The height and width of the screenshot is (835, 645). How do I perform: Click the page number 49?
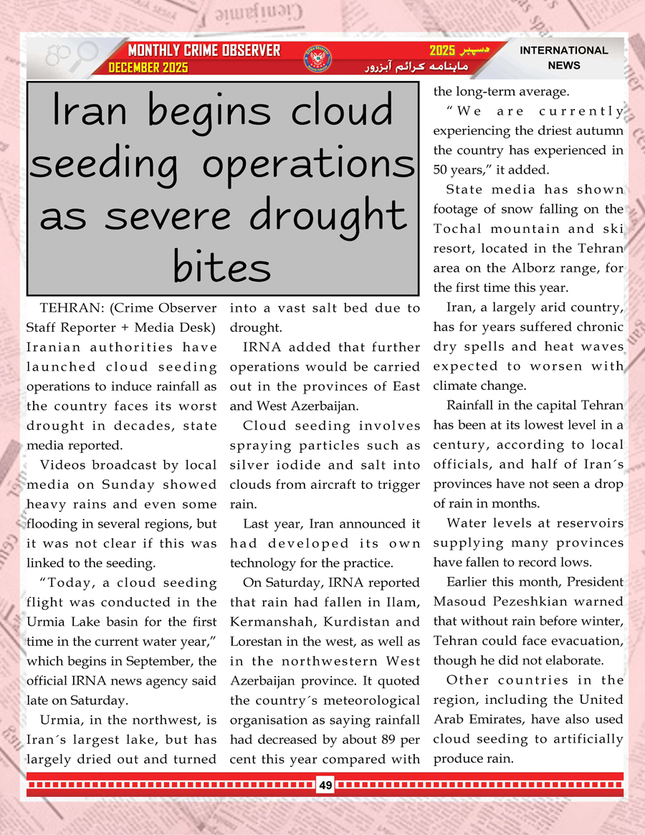coord(325,786)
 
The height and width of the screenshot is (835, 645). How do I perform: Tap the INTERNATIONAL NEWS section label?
coord(563,57)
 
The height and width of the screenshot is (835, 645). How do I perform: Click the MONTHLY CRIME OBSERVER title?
coord(204,51)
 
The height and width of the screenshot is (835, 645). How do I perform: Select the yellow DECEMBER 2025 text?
coord(148,67)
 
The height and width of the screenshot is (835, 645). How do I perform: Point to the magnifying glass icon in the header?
coord(84,53)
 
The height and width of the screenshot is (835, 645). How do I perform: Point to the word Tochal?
coord(458,229)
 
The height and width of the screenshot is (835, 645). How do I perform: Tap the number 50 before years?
coord(441,171)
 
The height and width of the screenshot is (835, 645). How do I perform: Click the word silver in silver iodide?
coord(248,464)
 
